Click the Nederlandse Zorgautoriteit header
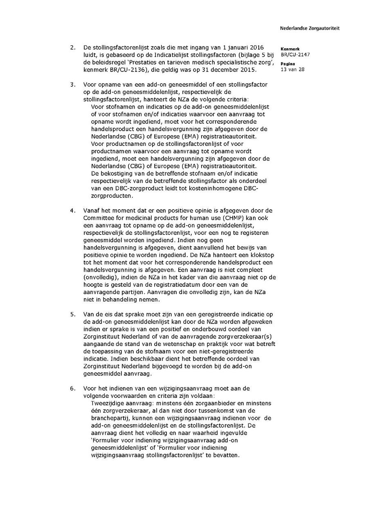(310, 29)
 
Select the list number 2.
(72, 48)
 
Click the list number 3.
(72, 85)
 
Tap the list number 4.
(72, 211)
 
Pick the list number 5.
(72, 315)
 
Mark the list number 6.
(72, 388)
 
